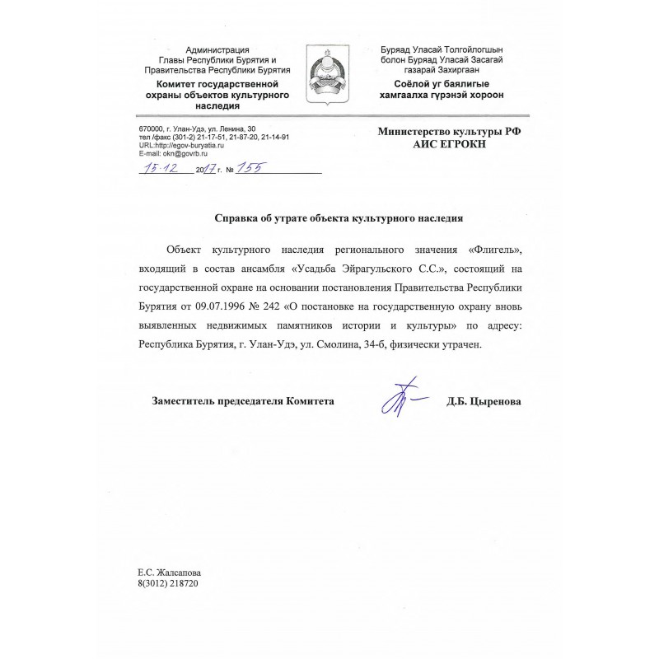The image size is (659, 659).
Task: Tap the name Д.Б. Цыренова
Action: (x=484, y=401)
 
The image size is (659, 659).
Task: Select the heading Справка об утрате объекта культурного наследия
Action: (x=339, y=218)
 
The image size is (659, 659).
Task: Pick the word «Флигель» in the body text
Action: (x=493, y=248)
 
